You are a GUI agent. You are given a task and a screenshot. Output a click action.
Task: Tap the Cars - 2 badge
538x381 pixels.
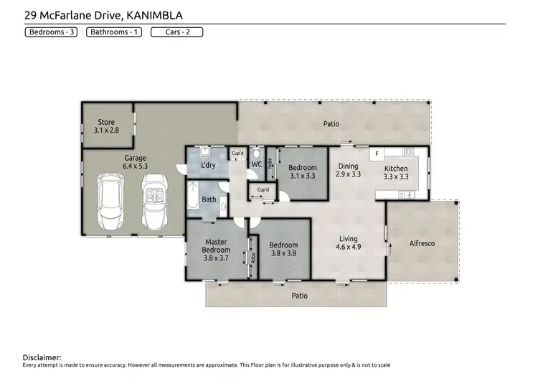(x=176, y=32)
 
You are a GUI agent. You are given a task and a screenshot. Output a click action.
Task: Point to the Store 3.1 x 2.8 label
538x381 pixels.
(x=106, y=127)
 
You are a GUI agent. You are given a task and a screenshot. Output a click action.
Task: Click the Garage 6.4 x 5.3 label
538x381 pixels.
(x=135, y=162)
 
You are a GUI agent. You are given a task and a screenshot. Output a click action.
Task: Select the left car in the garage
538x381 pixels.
(x=111, y=197)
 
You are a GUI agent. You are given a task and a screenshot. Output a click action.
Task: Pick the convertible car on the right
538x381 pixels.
(x=153, y=197)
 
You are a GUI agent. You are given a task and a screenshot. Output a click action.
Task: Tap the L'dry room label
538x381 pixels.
(x=209, y=165)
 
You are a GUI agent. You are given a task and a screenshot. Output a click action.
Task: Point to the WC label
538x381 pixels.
(x=256, y=164)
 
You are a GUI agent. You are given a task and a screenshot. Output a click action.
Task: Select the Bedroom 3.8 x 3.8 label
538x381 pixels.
(x=283, y=249)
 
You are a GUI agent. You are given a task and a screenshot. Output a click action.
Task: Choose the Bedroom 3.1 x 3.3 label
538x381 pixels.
(x=302, y=171)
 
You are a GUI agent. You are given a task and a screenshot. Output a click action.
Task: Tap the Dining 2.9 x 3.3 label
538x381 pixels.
(x=349, y=171)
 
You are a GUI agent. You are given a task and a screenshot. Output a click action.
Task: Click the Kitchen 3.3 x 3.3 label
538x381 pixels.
(x=395, y=173)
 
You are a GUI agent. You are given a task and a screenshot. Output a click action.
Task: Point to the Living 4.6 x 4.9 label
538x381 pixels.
(x=349, y=243)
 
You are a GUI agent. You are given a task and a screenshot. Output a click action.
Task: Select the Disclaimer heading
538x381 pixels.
(x=42, y=357)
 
